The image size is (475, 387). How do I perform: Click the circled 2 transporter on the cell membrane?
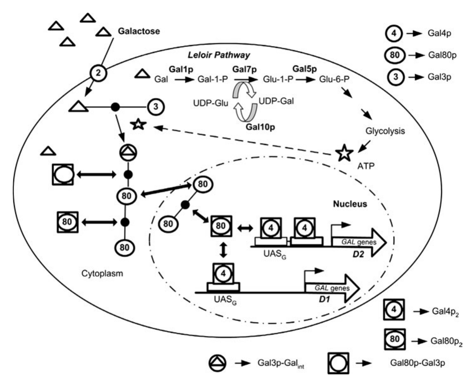pos(98,73)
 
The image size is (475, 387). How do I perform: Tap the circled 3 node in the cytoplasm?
pos(156,107)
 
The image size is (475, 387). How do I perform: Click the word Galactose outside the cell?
pos(139,31)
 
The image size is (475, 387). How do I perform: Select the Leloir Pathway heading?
pos(219,55)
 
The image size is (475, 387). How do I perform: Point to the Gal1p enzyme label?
pos(181,69)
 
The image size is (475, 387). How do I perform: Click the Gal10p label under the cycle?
pos(260,127)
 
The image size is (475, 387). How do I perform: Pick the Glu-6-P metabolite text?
pos(334,79)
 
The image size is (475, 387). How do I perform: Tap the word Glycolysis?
pos(385,131)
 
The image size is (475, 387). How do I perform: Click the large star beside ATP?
pos(344,153)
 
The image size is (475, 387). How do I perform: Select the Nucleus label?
pos(350,204)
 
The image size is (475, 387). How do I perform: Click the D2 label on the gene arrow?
pos(358,254)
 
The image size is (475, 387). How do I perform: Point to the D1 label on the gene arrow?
pos(324,300)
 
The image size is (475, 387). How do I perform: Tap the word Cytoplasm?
pos(102,274)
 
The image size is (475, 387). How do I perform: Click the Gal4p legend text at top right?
pos(439,34)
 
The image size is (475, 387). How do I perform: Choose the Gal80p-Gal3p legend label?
pos(418,363)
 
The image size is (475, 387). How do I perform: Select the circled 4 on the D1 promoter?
pos(223,274)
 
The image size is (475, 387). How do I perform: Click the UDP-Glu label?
pos(211,103)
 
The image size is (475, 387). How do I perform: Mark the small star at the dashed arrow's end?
pos(138,124)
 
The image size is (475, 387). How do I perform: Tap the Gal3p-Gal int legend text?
pos(281,363)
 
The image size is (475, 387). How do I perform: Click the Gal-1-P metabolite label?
pos(212,79)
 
